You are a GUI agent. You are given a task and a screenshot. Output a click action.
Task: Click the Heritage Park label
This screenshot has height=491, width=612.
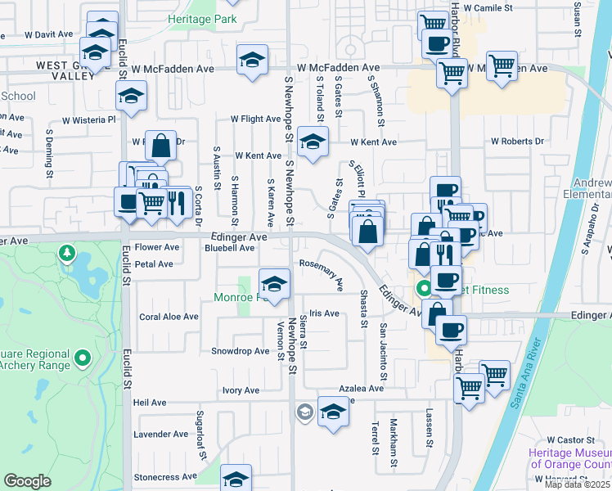202,18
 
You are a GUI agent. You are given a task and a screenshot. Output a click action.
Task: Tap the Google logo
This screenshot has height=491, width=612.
27,481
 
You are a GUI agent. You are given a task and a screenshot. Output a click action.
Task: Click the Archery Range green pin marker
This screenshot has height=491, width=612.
82,358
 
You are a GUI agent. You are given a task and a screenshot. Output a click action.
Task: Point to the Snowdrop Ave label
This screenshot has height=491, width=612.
241,351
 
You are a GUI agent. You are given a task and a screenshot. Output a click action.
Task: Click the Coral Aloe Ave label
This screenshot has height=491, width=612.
169,317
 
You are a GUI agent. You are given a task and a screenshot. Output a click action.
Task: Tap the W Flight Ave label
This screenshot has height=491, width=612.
255,119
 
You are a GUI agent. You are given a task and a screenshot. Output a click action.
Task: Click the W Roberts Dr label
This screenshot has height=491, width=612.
517,142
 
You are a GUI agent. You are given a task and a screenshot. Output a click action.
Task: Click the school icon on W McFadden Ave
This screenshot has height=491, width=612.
252,60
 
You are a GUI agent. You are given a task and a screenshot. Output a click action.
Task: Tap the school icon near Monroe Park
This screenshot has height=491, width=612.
274,284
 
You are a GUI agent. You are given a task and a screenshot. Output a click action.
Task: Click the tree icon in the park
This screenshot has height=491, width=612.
65,253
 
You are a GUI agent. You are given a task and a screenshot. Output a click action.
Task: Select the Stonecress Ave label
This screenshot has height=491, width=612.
166,476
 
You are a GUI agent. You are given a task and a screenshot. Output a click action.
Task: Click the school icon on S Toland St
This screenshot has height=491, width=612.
312,142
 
